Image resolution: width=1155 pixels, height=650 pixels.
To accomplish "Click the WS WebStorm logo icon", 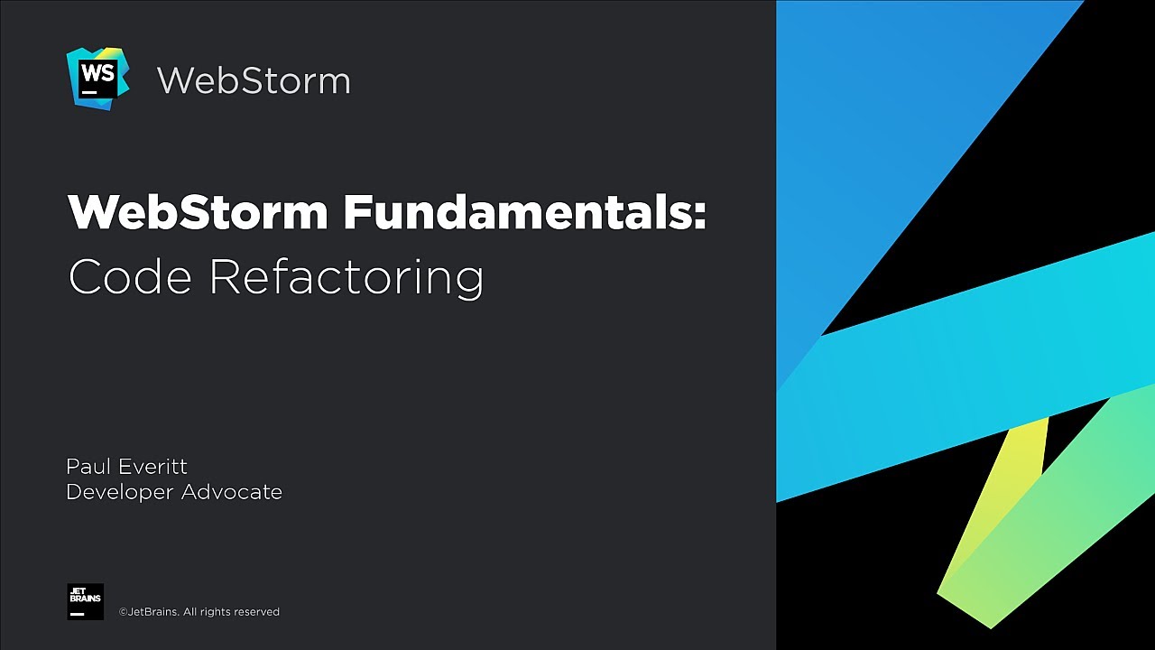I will coord(97,79).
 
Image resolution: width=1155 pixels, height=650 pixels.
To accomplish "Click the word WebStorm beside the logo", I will coord(254,80).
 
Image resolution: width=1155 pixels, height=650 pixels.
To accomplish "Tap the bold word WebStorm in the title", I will coord(198,213).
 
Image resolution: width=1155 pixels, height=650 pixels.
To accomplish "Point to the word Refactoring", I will coord(346,278).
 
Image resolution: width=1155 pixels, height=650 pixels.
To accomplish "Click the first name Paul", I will coord(87,467).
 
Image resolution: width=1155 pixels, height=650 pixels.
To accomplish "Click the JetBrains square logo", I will coord(85,601).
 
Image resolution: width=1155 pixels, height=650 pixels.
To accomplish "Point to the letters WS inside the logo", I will coord(97,72).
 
